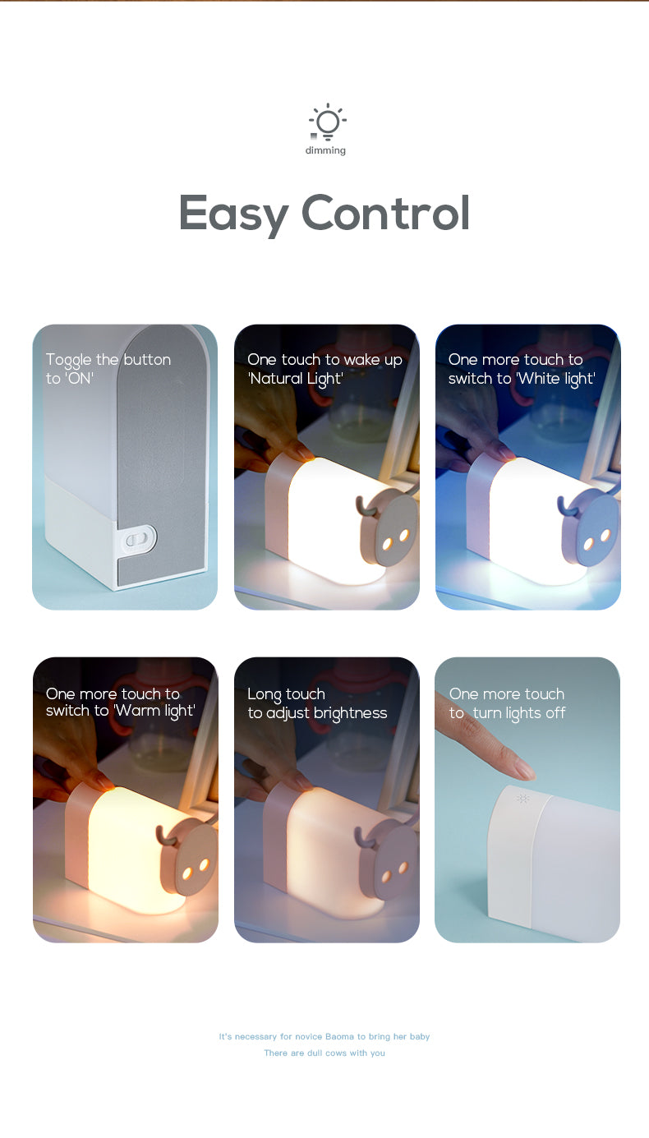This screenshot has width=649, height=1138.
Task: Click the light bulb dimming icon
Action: [x=328, y=122]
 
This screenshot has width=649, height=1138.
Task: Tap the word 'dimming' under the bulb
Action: [x=325, y=150]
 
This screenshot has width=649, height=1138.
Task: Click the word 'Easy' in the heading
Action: [x=233, y=214]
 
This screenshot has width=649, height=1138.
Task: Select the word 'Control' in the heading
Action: [x=385, y=212]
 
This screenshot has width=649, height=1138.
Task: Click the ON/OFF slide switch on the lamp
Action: [x=138, y=539]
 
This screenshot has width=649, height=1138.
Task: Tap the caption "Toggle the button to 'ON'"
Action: [x=108, y=369]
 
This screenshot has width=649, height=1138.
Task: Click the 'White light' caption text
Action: [x=522, y=369]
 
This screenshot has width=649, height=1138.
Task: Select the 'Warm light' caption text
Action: [x=121, y=703]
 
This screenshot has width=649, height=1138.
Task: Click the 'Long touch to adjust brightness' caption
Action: [x=317, y=703]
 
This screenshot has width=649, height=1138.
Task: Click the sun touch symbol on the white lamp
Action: [x=522, y=798]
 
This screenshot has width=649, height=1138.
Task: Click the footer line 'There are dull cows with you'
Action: [x=324, y=1053]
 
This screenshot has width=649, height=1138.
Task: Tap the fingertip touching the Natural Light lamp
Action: [x=304, y=452]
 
